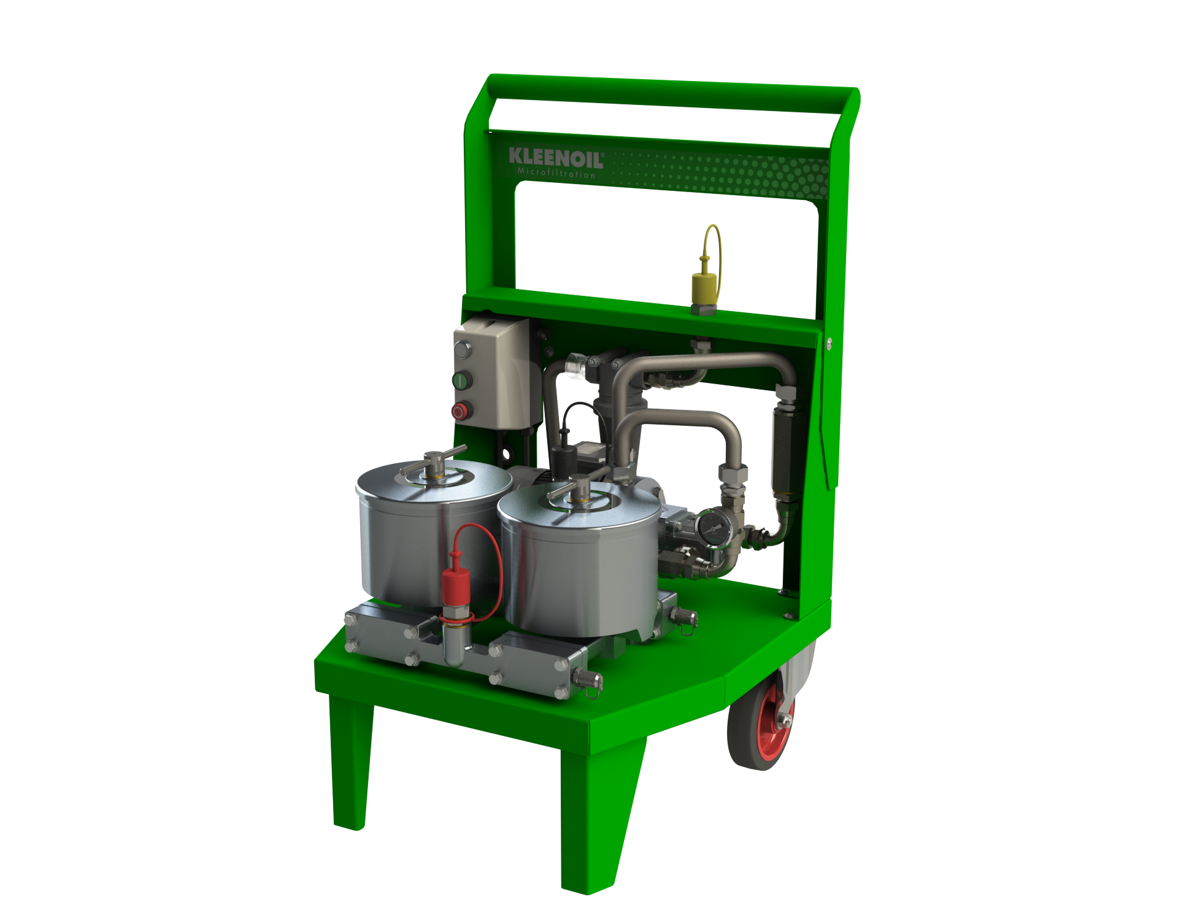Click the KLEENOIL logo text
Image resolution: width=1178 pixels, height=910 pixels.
coord(556,158)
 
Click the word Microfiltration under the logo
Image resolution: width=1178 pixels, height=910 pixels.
coord(556,173)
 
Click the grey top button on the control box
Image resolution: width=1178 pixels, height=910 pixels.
coord(462,350)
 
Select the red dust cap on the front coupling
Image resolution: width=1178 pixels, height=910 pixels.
coord(456,585)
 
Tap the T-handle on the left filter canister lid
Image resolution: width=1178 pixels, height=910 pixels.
coord(434,461)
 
